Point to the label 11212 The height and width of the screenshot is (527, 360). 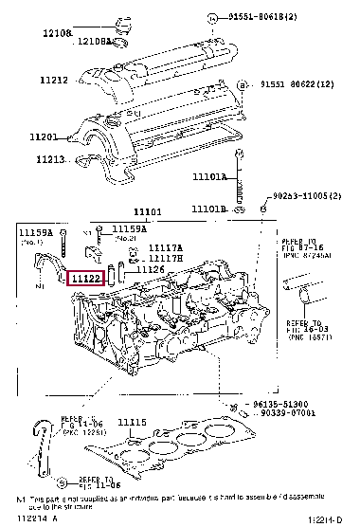click(54, 81)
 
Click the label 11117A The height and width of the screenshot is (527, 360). click(165, 248)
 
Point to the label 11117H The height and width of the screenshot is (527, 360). click(165, 259)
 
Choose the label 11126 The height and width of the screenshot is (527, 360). click(151, 270)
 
